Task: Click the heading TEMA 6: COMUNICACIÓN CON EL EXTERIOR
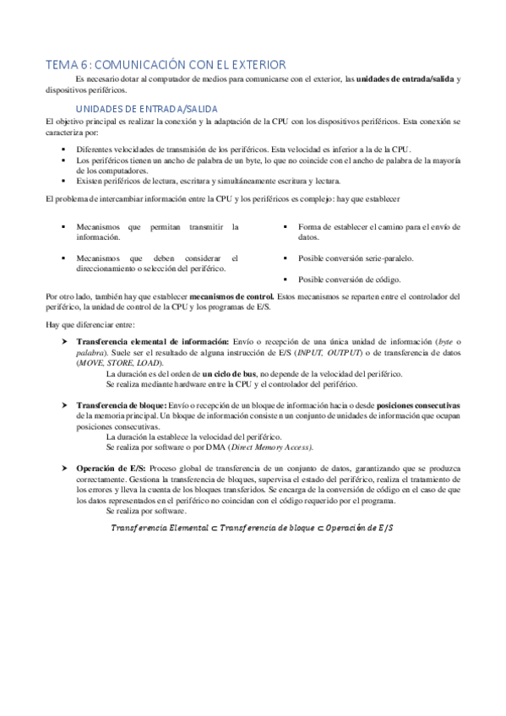click(x=166, y=64)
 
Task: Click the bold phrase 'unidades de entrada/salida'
click(x=405, y=79)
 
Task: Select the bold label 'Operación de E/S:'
click(x=111, y=467)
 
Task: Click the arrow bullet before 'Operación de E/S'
click(x=65, y=467)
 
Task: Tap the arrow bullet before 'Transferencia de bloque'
click(x=65, y=406)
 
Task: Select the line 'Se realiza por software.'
click(x=145, y=512)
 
